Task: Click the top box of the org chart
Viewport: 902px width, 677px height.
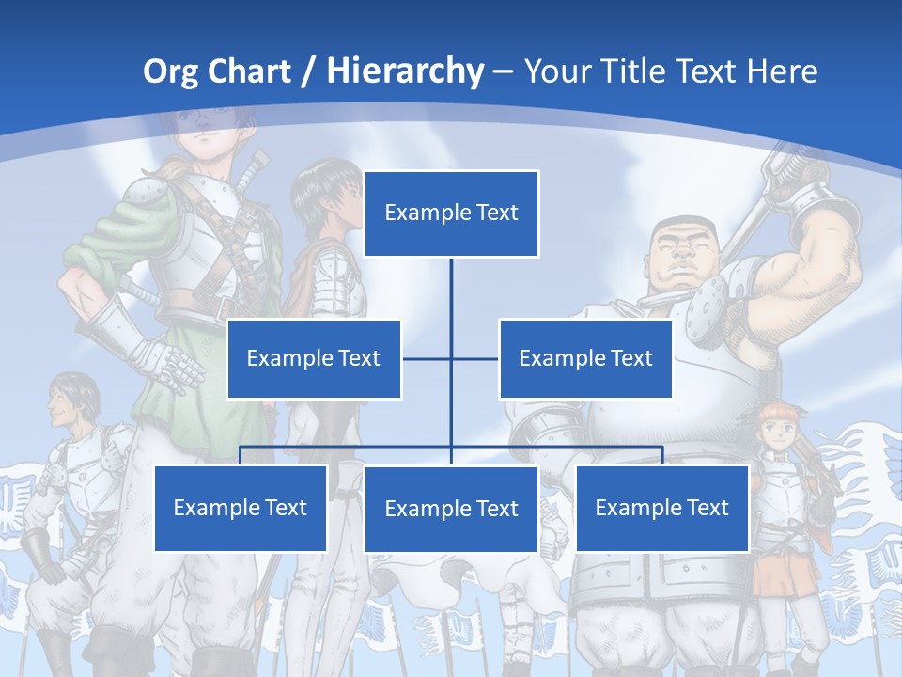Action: tap(451, 213)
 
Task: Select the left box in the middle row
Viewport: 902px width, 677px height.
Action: tap(314, 358)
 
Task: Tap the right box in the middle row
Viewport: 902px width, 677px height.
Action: tap(585, 358)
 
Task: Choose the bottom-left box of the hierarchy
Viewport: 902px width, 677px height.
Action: tap(241, 508)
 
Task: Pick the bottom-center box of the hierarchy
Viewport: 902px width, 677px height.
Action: tap(451, 509)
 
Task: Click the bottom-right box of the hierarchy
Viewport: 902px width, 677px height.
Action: tap(662, 508)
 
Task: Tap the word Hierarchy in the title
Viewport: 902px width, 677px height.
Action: tap(404, 71)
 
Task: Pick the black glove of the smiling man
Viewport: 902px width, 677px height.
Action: tap(38, 551)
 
